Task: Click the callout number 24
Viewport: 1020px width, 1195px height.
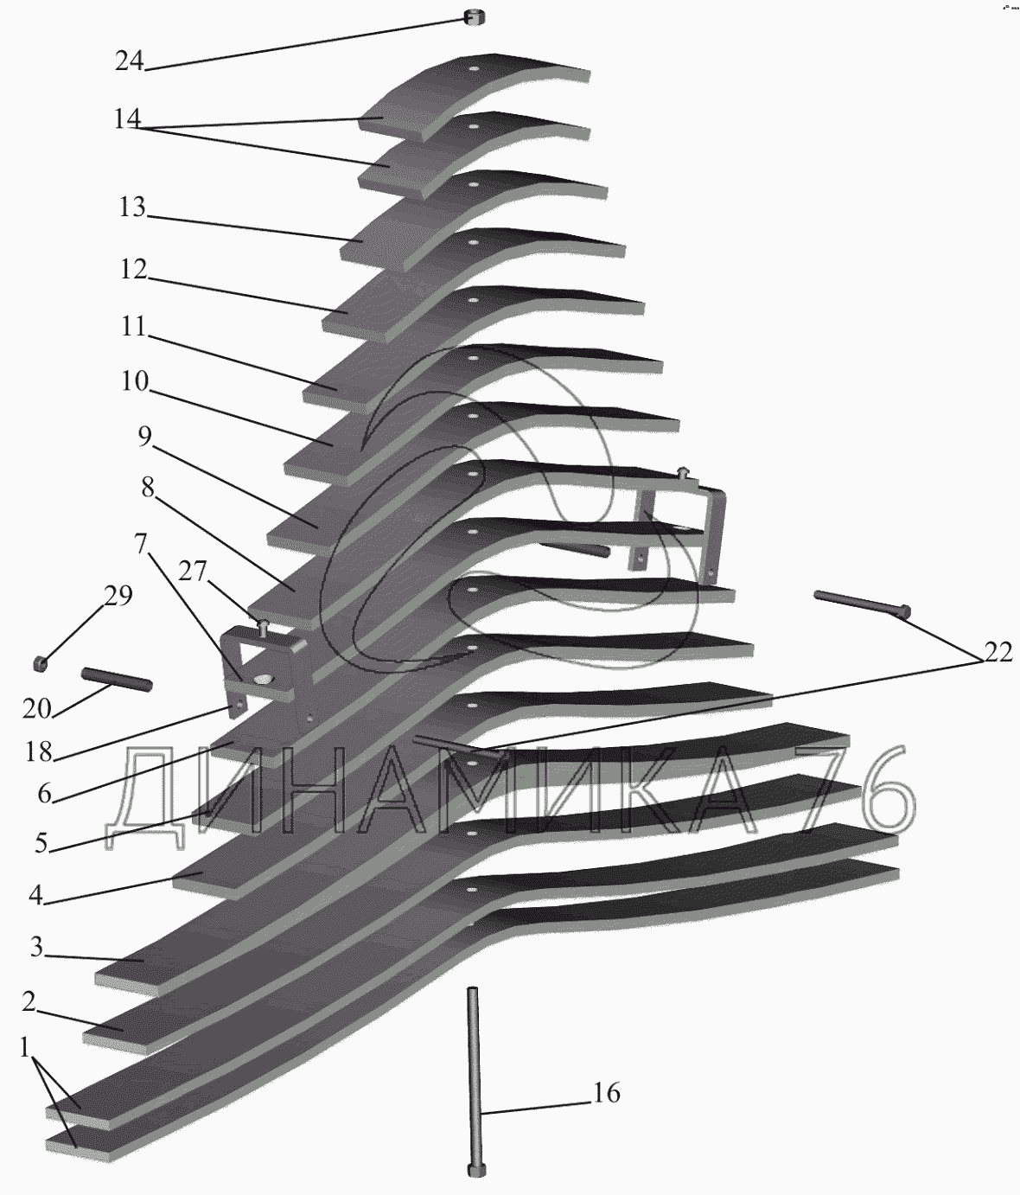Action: click(x=129, y=61)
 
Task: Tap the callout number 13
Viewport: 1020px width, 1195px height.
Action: click(x=132, y=208)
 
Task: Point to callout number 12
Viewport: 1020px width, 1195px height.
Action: click(x=134, y=269)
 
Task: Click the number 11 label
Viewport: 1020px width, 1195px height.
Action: click(x=134, y=326)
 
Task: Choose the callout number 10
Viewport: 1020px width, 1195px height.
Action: click(x=135, y=380)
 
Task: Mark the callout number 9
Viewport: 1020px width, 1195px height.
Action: click(x=144, y=438)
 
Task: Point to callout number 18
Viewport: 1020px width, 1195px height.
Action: click(x=39, y=752)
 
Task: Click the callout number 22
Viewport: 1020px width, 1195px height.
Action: click(x=998, y=653)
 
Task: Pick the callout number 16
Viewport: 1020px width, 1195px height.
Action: click(x=607, y=1093)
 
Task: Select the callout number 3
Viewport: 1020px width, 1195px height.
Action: click(x=36, y=947)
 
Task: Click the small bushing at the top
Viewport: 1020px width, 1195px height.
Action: click(x=474, y=16)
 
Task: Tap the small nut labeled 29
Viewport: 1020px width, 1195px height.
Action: click(x=40, y=663)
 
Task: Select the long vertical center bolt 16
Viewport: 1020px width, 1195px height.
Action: click(x=474, y=1081)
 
